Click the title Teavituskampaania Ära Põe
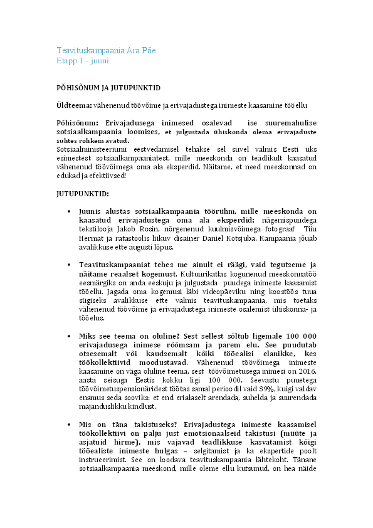(x=106, y=50)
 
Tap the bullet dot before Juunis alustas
(x=68, y=211)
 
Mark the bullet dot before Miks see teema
(x=68, y=335)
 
